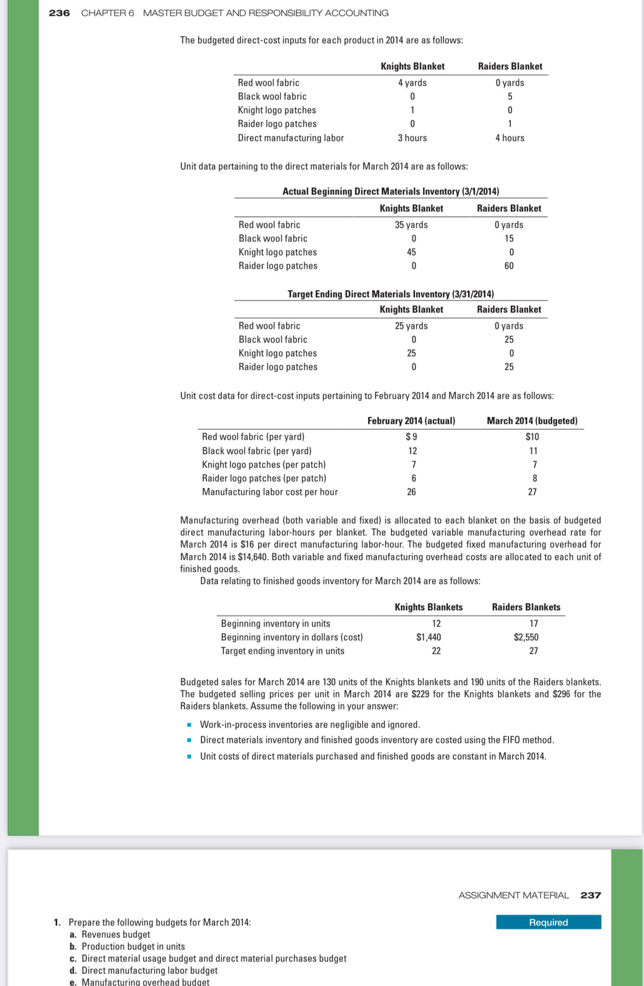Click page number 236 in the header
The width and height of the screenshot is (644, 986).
59,13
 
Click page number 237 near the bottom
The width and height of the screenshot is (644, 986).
590,895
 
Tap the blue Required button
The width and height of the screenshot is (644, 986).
548,922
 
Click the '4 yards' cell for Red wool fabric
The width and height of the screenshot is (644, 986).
412,82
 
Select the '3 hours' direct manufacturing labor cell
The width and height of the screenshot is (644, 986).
412,138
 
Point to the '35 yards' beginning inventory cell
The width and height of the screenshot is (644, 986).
411,225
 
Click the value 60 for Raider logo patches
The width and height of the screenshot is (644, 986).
509,265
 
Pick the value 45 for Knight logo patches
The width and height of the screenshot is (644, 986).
411,252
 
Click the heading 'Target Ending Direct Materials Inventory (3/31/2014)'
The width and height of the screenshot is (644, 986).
391,294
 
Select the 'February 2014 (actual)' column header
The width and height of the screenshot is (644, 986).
411,421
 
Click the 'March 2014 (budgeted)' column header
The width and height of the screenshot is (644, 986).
532,421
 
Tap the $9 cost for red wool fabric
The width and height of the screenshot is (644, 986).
412,436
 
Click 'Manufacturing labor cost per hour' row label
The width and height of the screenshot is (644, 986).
270,492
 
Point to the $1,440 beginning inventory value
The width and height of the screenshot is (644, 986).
429,637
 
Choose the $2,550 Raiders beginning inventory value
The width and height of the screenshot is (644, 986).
526,637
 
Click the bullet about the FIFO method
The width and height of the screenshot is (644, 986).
377,740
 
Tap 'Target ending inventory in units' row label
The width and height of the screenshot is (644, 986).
282,651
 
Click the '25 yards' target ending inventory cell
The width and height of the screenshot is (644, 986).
411,326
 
